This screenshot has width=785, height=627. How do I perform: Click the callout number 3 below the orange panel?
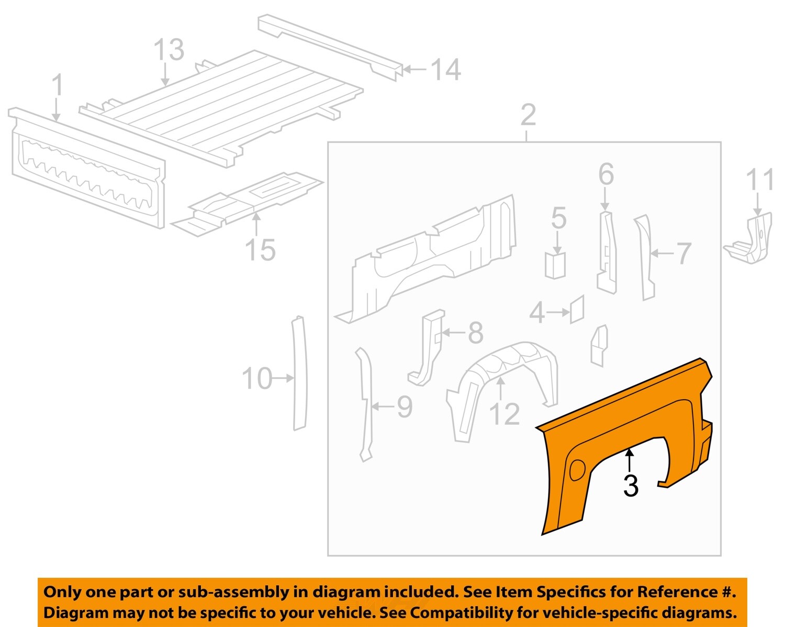pos(631,486)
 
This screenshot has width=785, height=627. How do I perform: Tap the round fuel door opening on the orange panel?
pos(577,469)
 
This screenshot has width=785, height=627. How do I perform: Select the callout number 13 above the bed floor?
pos(169,50)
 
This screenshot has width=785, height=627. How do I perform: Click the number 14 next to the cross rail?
pos(445,70)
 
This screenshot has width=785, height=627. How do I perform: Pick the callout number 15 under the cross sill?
pos(260,250)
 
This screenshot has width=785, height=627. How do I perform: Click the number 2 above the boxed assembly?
pos(528,115)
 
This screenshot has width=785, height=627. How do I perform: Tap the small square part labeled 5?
pos(555,266)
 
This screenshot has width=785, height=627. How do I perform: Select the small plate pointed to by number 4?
pos(577,310)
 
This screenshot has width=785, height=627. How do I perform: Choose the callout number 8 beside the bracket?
pos(475,333)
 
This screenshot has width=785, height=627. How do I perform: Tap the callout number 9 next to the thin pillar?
pos(404,406)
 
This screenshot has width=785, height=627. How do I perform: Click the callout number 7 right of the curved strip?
pos(683,254)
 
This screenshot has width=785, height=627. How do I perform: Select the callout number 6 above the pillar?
pos(605,174)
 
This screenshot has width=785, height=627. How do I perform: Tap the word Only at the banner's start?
pos(62,592)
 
